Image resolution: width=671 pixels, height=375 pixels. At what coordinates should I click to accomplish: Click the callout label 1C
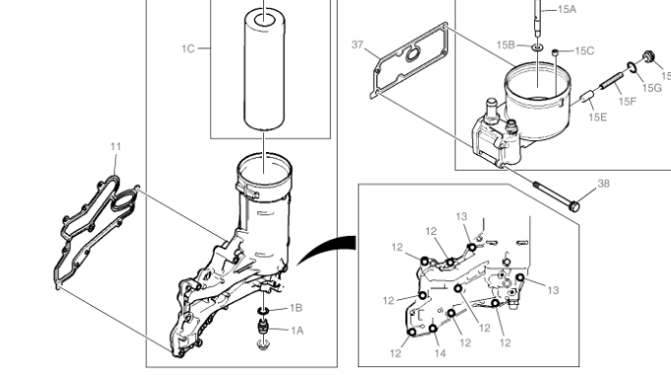[188, 49]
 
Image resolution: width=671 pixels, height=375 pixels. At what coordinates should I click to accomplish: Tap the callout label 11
[116, 147]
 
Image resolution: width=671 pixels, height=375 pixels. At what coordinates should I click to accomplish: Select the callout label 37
[358, 44]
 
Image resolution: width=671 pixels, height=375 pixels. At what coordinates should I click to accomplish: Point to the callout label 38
[603, 184]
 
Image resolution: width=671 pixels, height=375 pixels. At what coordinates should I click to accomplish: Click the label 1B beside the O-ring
[297, 308]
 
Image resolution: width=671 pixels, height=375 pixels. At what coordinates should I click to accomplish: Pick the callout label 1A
[297, 331]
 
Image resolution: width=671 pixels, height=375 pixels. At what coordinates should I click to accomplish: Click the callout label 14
[440, 353]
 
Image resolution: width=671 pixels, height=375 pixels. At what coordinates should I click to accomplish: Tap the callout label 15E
[598, 117]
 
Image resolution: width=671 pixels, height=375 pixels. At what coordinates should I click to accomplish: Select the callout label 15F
[628, 102]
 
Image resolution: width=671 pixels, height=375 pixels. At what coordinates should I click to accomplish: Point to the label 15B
[505, 45]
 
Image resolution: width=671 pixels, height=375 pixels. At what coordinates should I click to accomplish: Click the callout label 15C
[584, 51]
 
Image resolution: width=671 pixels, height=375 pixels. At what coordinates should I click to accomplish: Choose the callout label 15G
[652, 88]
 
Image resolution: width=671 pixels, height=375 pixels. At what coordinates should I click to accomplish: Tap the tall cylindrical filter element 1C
[264, 69]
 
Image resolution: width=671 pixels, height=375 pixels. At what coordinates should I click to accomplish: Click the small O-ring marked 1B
[263, 310]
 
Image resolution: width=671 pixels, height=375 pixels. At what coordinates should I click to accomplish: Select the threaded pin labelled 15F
[611, 82]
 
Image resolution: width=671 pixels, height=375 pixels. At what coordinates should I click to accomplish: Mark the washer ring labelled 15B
[538, 46]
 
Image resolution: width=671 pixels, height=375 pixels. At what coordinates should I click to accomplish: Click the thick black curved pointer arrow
[324, 248]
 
